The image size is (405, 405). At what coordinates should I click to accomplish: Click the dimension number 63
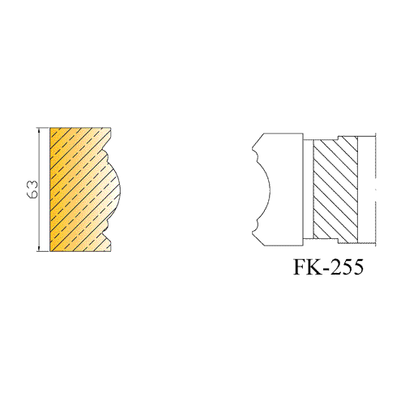[x=32, y=190]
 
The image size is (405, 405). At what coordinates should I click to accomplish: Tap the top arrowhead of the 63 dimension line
[x=40, y=130]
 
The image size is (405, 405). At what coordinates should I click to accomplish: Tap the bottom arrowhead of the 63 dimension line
[x=40, y=248]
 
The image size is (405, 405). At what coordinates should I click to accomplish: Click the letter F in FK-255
[x=301, y=266]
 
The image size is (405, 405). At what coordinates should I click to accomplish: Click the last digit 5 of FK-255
[x=358, y=266]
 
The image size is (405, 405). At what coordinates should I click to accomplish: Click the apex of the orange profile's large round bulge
[x=121, y=190]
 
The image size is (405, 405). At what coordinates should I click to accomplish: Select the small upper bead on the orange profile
[x=106, y=155]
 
